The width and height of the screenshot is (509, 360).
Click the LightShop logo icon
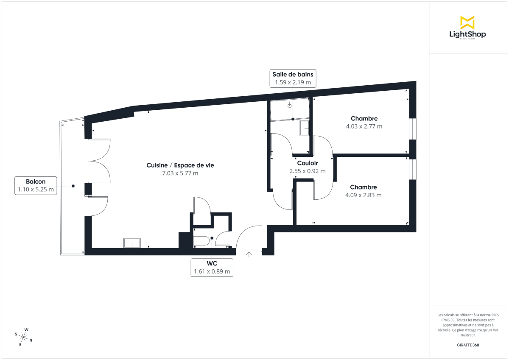[467, 22]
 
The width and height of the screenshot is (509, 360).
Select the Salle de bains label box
[293, 78]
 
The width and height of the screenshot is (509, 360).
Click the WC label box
[212, 267]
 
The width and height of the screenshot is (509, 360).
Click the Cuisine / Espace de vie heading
[180, 165]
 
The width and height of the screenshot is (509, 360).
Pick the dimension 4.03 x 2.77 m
[364, 126]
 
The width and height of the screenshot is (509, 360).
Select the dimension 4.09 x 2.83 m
[364, 195]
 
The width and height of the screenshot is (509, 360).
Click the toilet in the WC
[202, 241]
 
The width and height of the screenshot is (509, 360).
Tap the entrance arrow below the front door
[249, 254]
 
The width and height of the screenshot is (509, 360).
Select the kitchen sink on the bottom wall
[132, 243]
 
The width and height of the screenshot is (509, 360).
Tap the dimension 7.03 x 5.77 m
[180, 173]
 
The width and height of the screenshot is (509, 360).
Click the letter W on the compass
[26, 329]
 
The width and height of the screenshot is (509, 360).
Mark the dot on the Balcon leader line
[73, 186]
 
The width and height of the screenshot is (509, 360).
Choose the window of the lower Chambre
[412, 169]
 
